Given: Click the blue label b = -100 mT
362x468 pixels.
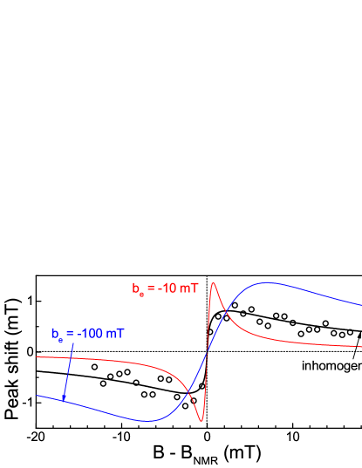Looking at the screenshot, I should (87, 334).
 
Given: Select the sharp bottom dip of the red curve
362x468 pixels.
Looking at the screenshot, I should (201, 420).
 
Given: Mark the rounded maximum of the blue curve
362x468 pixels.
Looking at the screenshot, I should (270, 282).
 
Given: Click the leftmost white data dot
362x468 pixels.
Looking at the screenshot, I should (94, 367).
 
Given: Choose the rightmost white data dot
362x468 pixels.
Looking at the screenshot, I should (351, 332).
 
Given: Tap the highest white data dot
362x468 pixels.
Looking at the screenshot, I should (235, 305).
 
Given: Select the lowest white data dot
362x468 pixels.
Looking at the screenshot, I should (185, 405).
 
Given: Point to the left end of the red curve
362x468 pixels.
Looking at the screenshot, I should (38, 357).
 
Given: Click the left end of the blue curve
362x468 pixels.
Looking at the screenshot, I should (38, 396).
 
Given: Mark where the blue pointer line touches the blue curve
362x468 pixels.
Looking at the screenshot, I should (64, 402).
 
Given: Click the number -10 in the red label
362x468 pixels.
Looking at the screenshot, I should (167, 288).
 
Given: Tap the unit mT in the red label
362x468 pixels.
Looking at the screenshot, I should (189, 288).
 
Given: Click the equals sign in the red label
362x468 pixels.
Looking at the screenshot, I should (152, 288).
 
